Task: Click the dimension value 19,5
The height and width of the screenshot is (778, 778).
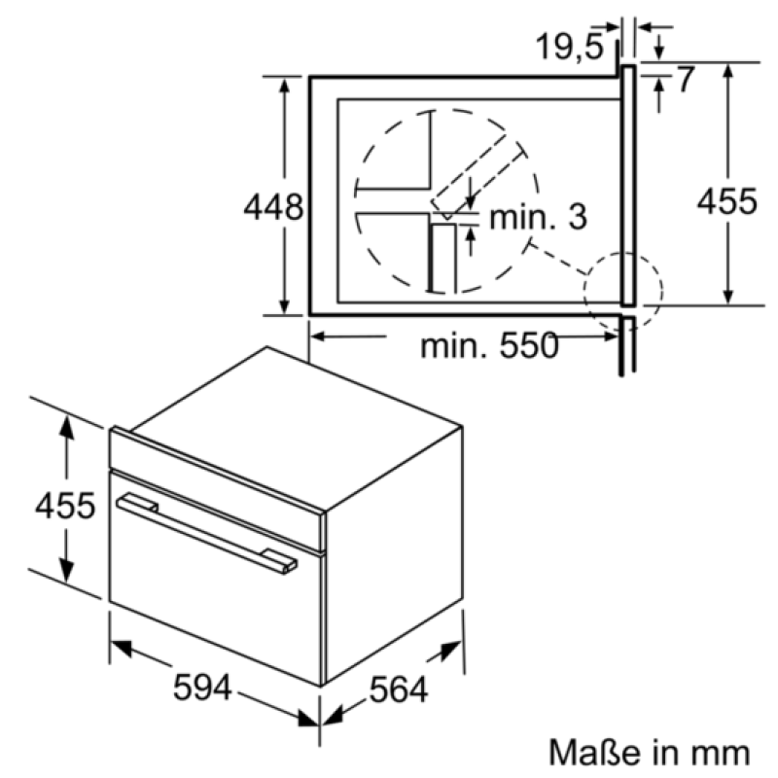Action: [x=570, y=47]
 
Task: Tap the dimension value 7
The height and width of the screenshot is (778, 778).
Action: [x=686, y=79]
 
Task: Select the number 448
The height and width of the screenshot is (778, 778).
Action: [x=273, y=207]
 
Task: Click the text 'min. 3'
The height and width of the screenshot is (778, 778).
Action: [x=539, y=217]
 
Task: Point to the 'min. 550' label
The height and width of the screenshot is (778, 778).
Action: [x=490, y=346]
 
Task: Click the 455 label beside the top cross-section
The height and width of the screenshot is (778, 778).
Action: [x=727, y=201]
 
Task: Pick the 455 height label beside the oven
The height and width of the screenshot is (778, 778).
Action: [x=65, y=506]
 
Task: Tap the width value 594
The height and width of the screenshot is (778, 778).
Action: [x=202, y=688]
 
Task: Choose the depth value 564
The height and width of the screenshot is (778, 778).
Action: [x=399, y=690]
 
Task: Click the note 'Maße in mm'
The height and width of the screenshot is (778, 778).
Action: [x=649, y=752]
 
